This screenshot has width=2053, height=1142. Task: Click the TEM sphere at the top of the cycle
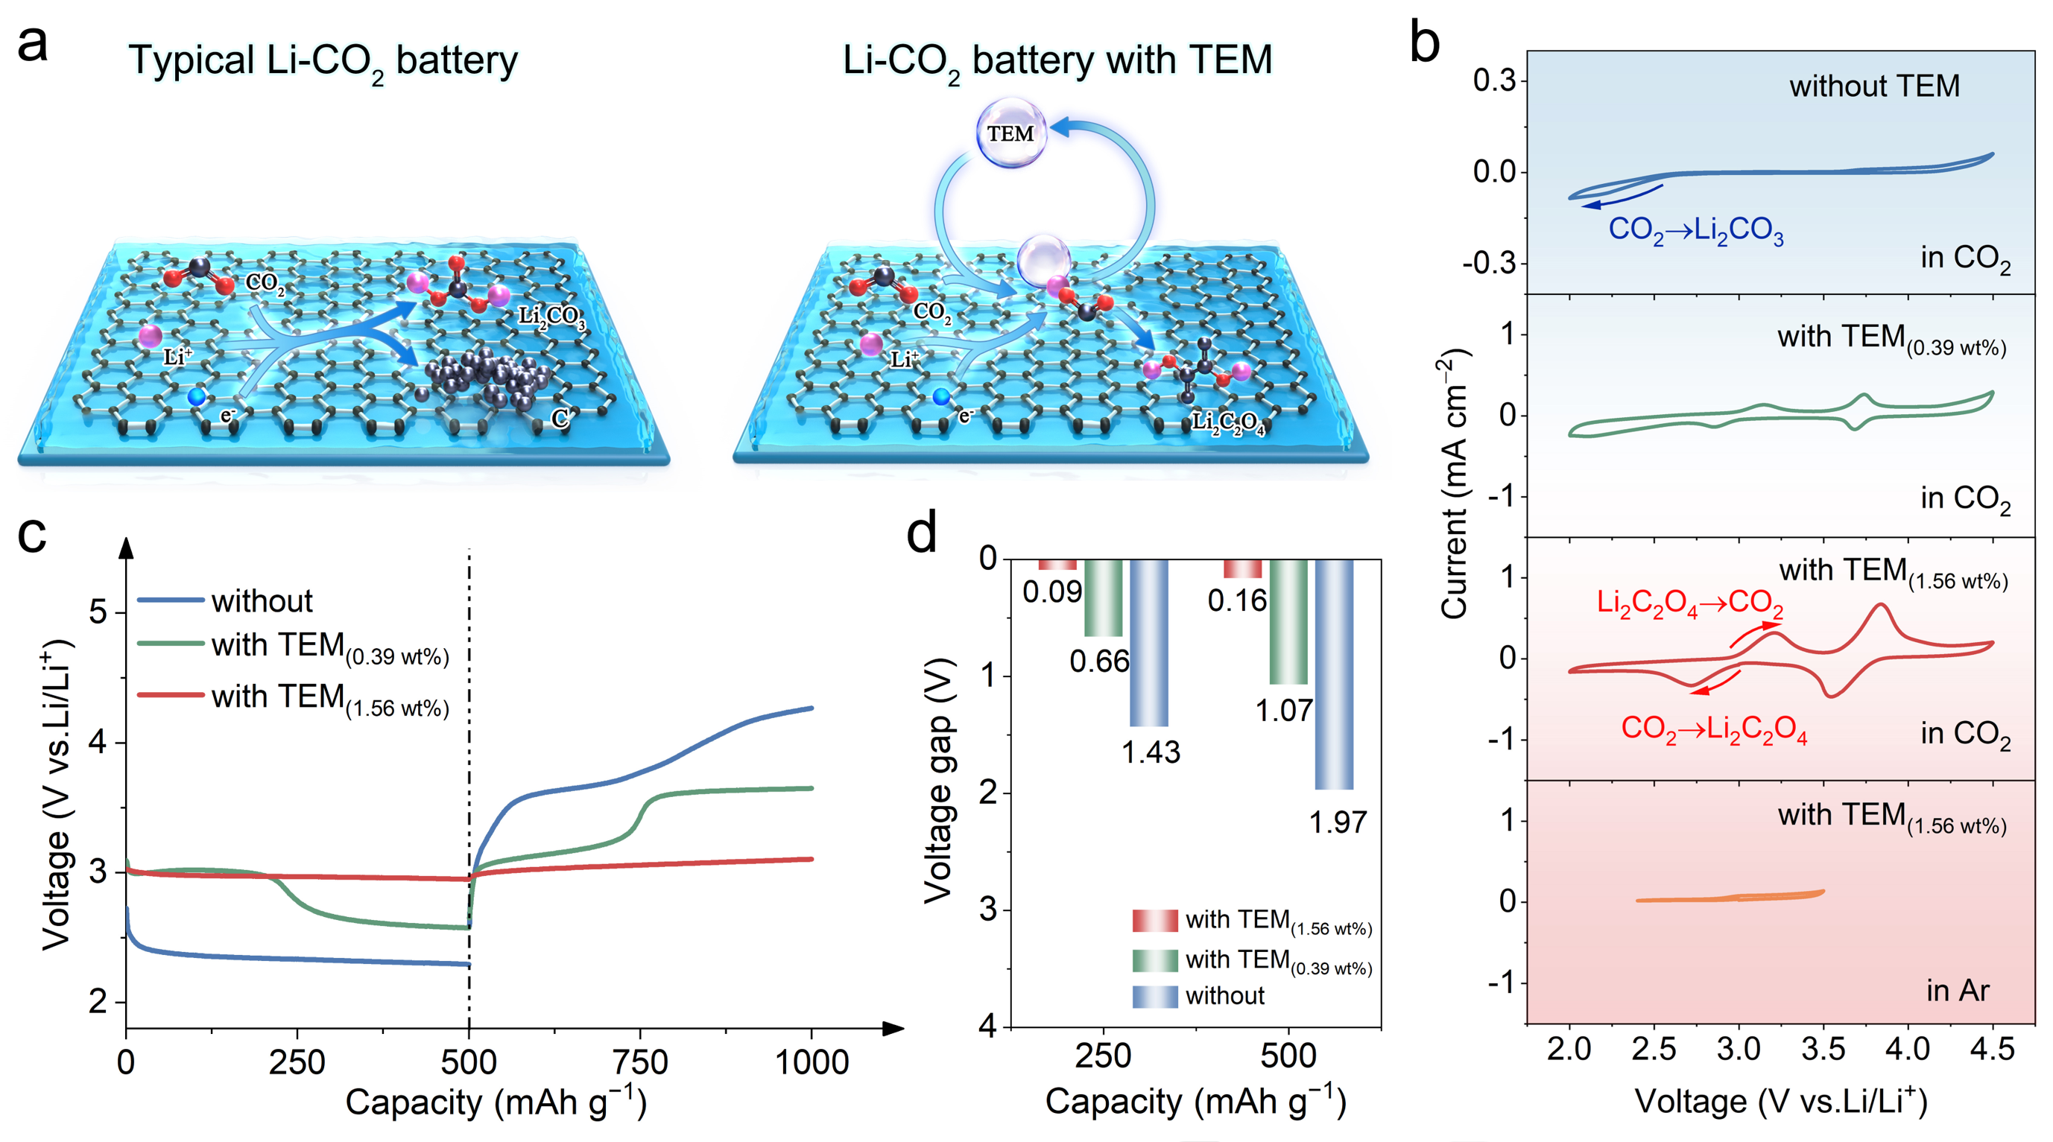click(x=1010, y=133)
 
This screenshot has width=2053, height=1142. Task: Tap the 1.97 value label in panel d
click(x=1338, y=822)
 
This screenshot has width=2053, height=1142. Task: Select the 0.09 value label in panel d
click(x=1052, y=591)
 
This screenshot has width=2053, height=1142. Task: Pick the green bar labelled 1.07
click(x=1288, y=621)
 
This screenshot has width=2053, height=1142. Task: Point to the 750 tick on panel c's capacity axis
click(x=640, y=1062)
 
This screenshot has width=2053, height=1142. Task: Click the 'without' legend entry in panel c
click(x=262, y=601)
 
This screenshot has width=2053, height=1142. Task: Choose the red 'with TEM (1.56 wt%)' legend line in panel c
click(x=171, y=695)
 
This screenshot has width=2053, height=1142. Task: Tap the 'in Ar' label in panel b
click(x=1958, y=991)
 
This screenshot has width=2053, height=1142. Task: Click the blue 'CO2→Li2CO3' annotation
click(x=1695, y=229)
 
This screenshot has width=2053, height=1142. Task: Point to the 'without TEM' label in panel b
click(x=1874, y=86)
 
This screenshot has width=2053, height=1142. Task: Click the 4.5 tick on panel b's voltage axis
click(x=1992, y=1050)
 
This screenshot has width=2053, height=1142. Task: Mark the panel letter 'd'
click(x=922, y=533)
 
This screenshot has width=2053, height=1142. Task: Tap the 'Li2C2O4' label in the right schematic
click(x=1227, y=422)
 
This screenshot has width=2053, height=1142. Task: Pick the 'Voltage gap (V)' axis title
click(x=940, y=781)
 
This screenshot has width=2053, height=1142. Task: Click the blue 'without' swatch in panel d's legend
click(x=1155, y=996)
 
